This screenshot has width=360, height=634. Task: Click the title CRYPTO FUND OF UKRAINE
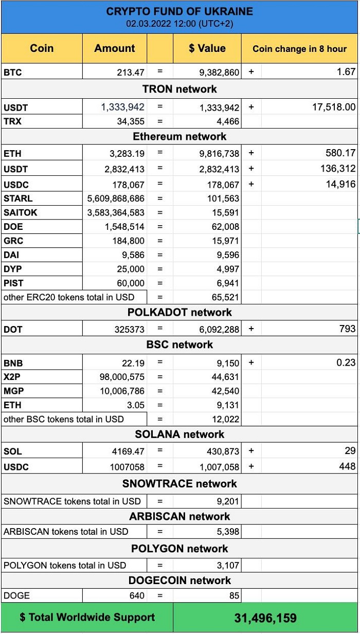(x=179, y=11)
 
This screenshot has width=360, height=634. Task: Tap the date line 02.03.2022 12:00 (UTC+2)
(x=179, y=24)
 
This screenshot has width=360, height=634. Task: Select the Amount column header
(x=115, y=48)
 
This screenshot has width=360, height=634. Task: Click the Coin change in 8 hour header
(x=299, y=49)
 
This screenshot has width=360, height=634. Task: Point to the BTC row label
(x=13, y=73)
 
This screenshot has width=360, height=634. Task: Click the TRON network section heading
(x=179, y=89)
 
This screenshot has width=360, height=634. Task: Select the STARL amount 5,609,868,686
(x=116, y=198)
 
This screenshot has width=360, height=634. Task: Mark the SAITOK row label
(x=21, y=212)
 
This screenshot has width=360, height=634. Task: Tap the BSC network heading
(x=179, y=345)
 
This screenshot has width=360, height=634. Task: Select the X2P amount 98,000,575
(x=122, y=377)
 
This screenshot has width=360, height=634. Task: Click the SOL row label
(x=13, y=451)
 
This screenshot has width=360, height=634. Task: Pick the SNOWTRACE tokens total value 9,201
(x=228, y=501)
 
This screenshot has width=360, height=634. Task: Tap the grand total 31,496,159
(x=265, y=618)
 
